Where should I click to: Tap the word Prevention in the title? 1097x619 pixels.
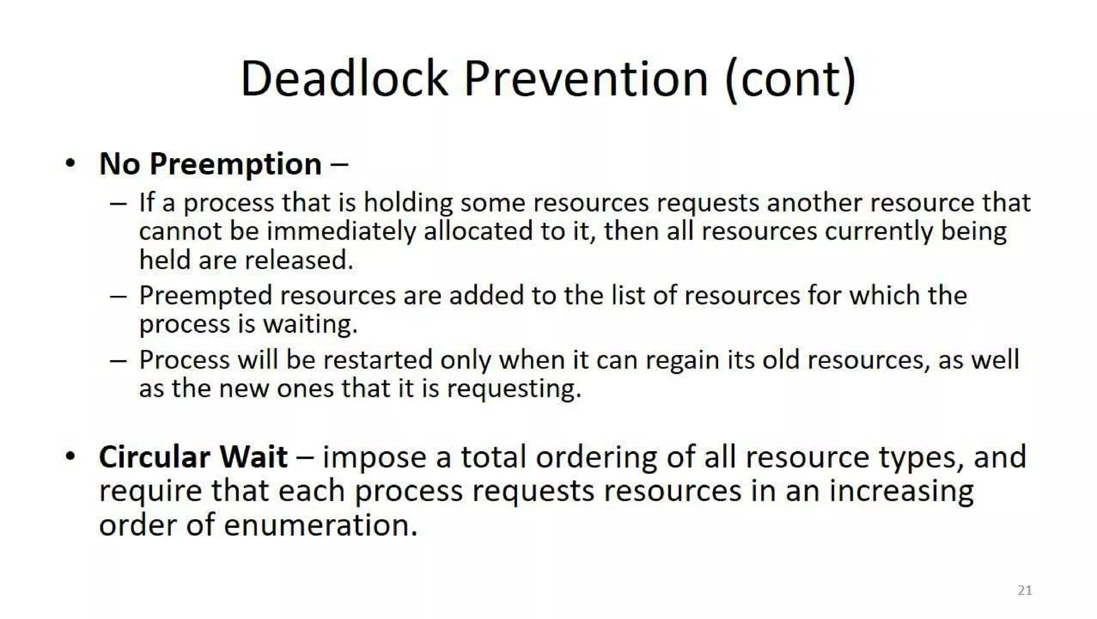pyautogui.click(x=585, y=79)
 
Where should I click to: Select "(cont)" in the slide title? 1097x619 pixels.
pyautogui.click(x=790, y=79)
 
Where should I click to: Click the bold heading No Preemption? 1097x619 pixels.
pyautogui.click(x=211, y=164)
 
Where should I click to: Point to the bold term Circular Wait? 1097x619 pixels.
pyautogui.click(x=193, y=457)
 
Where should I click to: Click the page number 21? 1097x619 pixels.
pyautogui.click(x=1025, y=590)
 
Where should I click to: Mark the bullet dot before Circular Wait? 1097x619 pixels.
pyautogui.click(x=70, y=457)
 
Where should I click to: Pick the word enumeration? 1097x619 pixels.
pyautogui.click(x=320, y=525)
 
